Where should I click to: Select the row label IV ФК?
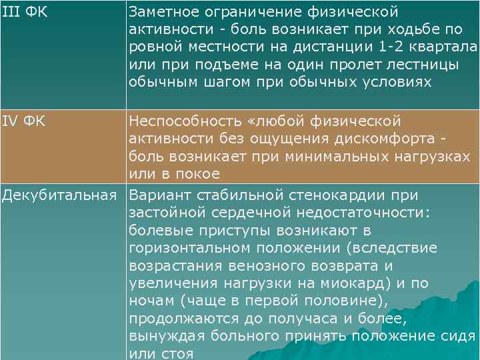pos(25,121)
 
